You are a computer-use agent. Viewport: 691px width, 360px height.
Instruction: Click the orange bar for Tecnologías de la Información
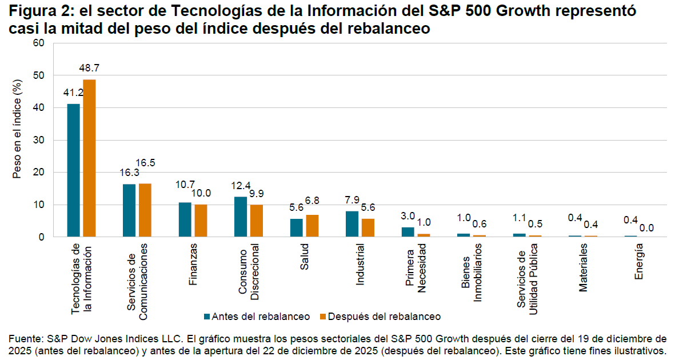89,158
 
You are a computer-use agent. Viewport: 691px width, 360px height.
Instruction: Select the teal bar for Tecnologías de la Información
74,170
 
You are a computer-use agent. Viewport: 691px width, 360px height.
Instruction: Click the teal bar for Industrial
352,224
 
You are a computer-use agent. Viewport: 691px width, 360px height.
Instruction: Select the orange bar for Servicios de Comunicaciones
145,210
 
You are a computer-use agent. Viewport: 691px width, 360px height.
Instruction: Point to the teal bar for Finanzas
185,219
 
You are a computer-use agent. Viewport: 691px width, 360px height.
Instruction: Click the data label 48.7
89,68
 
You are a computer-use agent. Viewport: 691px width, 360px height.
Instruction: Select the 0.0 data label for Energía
646,227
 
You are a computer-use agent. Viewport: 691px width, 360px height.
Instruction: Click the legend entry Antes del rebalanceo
257,317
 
